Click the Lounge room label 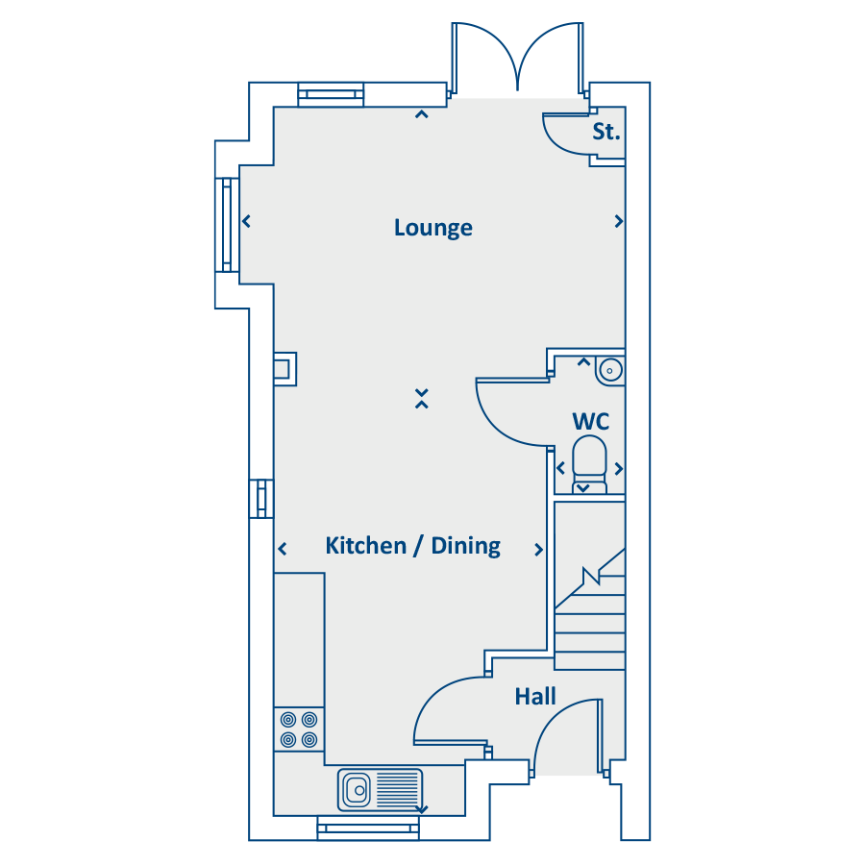(433, 228)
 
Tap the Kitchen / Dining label (413, 546)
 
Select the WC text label (591, 422)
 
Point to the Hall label (535, 696)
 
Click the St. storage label (606, 132)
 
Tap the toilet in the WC (590, 463)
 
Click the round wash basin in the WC (609, 370)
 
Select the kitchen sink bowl (357, 790)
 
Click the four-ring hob (299, 729)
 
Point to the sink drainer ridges (397, 790)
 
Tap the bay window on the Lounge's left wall (227, 225)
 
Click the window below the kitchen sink (368, 828)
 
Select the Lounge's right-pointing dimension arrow (619, 221)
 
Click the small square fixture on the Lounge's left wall (285, 368)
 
